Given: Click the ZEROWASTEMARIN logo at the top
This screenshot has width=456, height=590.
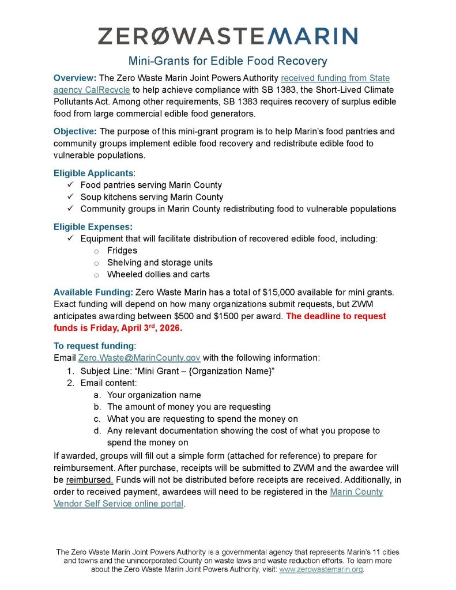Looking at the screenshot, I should click(228, 36).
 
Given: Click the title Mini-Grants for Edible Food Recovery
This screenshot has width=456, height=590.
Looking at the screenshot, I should click(228, 60).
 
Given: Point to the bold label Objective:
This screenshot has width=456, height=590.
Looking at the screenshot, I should click(76, 131).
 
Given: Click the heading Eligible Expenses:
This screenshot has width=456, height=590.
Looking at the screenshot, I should click(93, 226).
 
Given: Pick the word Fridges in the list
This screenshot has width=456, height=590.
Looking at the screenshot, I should click(122, 251).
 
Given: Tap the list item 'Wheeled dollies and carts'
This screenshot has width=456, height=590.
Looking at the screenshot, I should click(159, 274).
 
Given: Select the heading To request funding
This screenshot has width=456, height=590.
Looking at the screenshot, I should click(93, 346).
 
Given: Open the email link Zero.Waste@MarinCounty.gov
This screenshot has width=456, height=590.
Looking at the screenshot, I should click(139, 358).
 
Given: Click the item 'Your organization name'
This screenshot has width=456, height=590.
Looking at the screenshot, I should click(154, 395).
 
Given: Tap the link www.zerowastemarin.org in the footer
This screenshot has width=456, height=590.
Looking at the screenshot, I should click(321, 569).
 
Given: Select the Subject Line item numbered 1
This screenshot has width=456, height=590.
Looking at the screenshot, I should click(176, 370).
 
